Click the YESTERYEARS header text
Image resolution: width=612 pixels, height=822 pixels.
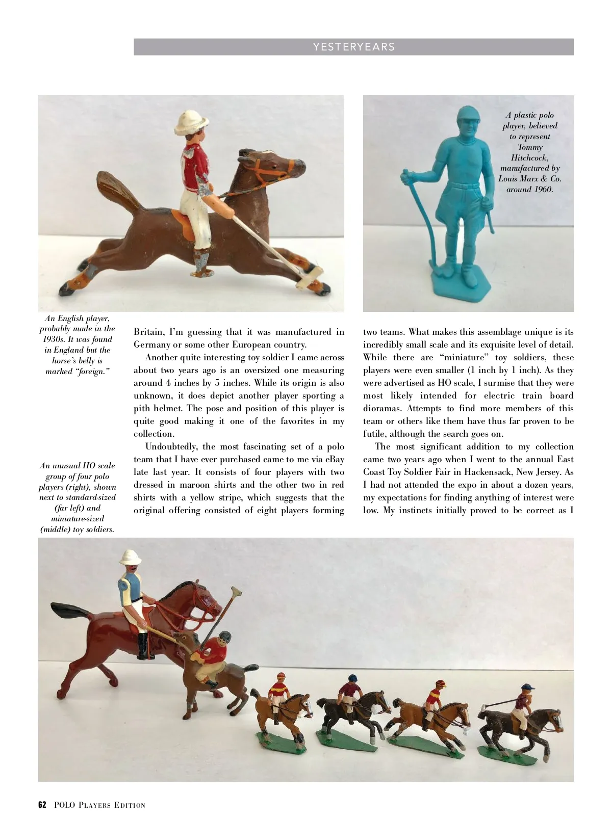click(x=353, y=47)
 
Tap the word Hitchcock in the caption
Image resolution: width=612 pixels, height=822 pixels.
click(x=530, y=157)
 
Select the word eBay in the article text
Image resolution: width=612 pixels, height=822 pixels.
click(x=332, y=459)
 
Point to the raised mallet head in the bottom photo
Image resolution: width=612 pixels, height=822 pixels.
click(x=235, y=593)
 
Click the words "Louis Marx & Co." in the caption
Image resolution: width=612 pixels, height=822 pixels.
click(x=530, y=179)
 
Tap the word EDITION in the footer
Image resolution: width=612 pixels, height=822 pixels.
click(x=130, y=806)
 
